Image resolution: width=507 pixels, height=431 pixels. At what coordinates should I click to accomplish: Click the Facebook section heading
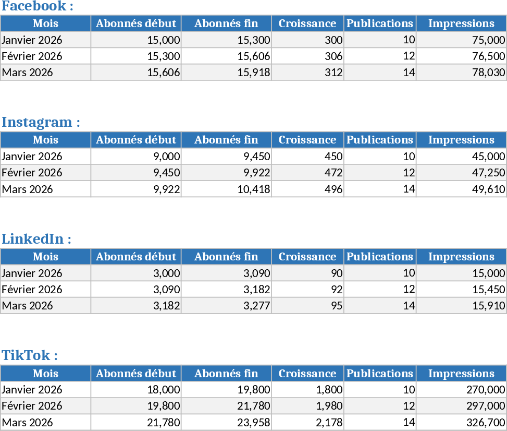tap(38, 7)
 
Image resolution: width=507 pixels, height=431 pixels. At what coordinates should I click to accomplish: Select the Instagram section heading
tap(41, 123)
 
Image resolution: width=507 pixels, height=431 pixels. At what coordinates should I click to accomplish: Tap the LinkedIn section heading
tap(36, 240)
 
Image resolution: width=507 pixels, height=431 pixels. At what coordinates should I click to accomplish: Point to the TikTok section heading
tap(30, 356)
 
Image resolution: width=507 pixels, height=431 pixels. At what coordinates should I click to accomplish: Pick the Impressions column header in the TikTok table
tap(461, 374)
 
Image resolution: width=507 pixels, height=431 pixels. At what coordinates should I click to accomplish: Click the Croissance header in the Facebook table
tap(307, 23)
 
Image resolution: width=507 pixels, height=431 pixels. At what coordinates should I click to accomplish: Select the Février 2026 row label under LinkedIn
tap(32, 290)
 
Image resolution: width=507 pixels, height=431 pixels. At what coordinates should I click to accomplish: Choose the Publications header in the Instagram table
tap(380, 140)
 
